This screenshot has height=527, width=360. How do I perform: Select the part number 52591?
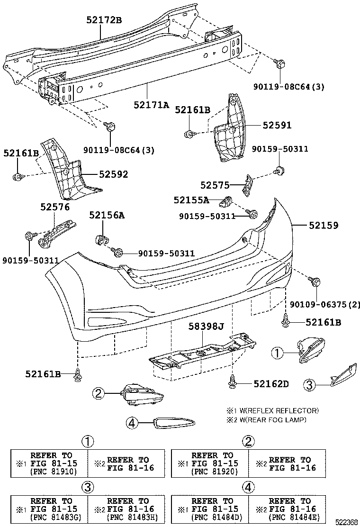tap(277, 125)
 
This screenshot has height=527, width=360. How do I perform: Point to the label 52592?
tap(113, 174)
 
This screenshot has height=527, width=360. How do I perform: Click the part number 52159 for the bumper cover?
tap(324, 226)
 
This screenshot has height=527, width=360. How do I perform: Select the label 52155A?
tap(191, 200)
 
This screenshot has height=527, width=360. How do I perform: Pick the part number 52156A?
tap(107, 215)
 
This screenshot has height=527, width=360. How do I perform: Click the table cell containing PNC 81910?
tap(50, 463)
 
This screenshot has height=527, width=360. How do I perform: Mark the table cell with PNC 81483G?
tap(50, 509)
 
